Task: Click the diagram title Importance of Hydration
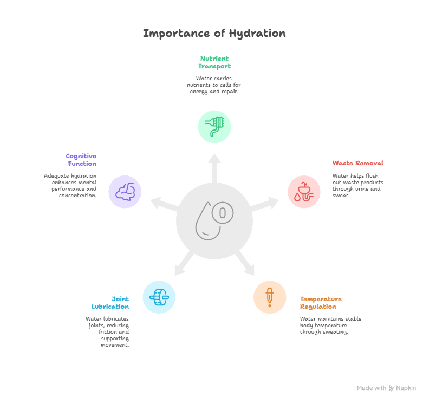pos(214,34)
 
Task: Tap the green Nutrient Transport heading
pos(214,62)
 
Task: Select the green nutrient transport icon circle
pos(214,126)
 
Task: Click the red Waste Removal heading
pos(357,163)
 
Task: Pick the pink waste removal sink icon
pos(303,192)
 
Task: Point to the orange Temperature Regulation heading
pos(321,303)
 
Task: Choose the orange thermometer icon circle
pos(270,297)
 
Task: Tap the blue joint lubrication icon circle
pos(159,297)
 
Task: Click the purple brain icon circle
pos(125,192)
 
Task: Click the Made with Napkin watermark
pos(387,388)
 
